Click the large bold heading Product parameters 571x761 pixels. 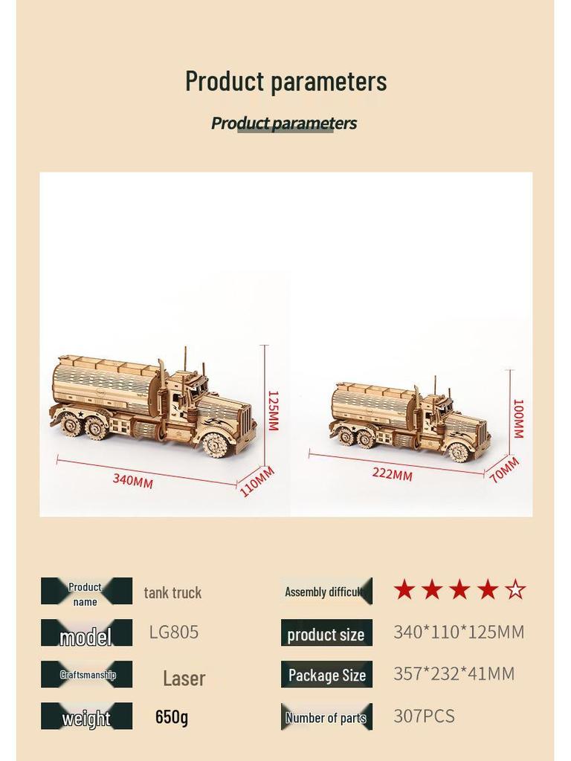coord(285,81)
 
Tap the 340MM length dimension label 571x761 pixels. coord(133,480)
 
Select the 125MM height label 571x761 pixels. coord(272,410)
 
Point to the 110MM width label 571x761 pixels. coord(257,481)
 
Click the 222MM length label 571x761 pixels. coord(392,473)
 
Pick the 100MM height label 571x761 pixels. coord(518,418)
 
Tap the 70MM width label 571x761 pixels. coord(504,470)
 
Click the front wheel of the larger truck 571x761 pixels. coord(216,444)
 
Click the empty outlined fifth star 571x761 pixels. coord(515,591)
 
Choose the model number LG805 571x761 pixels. coord(174,632)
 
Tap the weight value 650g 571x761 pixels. coord(172,717)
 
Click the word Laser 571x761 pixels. coord(184,678)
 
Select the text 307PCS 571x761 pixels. coord(424,716)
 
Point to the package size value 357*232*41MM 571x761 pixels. coord(454,674)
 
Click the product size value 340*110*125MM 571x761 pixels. coord(459,632)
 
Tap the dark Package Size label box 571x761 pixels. coord(326,675)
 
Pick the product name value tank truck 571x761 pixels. coord(172,592)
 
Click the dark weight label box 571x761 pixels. coord(86,717)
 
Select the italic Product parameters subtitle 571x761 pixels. coord(284,123)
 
